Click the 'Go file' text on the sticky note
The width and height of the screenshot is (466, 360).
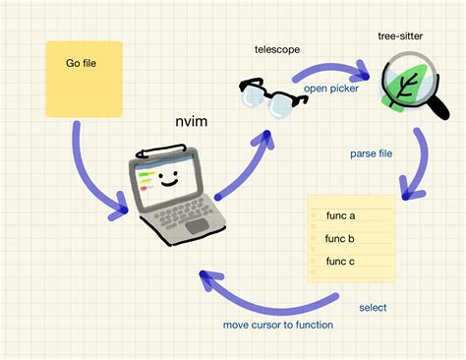82,64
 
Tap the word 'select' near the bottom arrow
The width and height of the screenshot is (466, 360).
373,307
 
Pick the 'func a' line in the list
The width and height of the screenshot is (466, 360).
339,214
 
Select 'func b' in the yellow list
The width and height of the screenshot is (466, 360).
339,238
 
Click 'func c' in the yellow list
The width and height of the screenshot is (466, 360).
339,262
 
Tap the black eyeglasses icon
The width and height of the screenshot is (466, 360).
267,98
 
